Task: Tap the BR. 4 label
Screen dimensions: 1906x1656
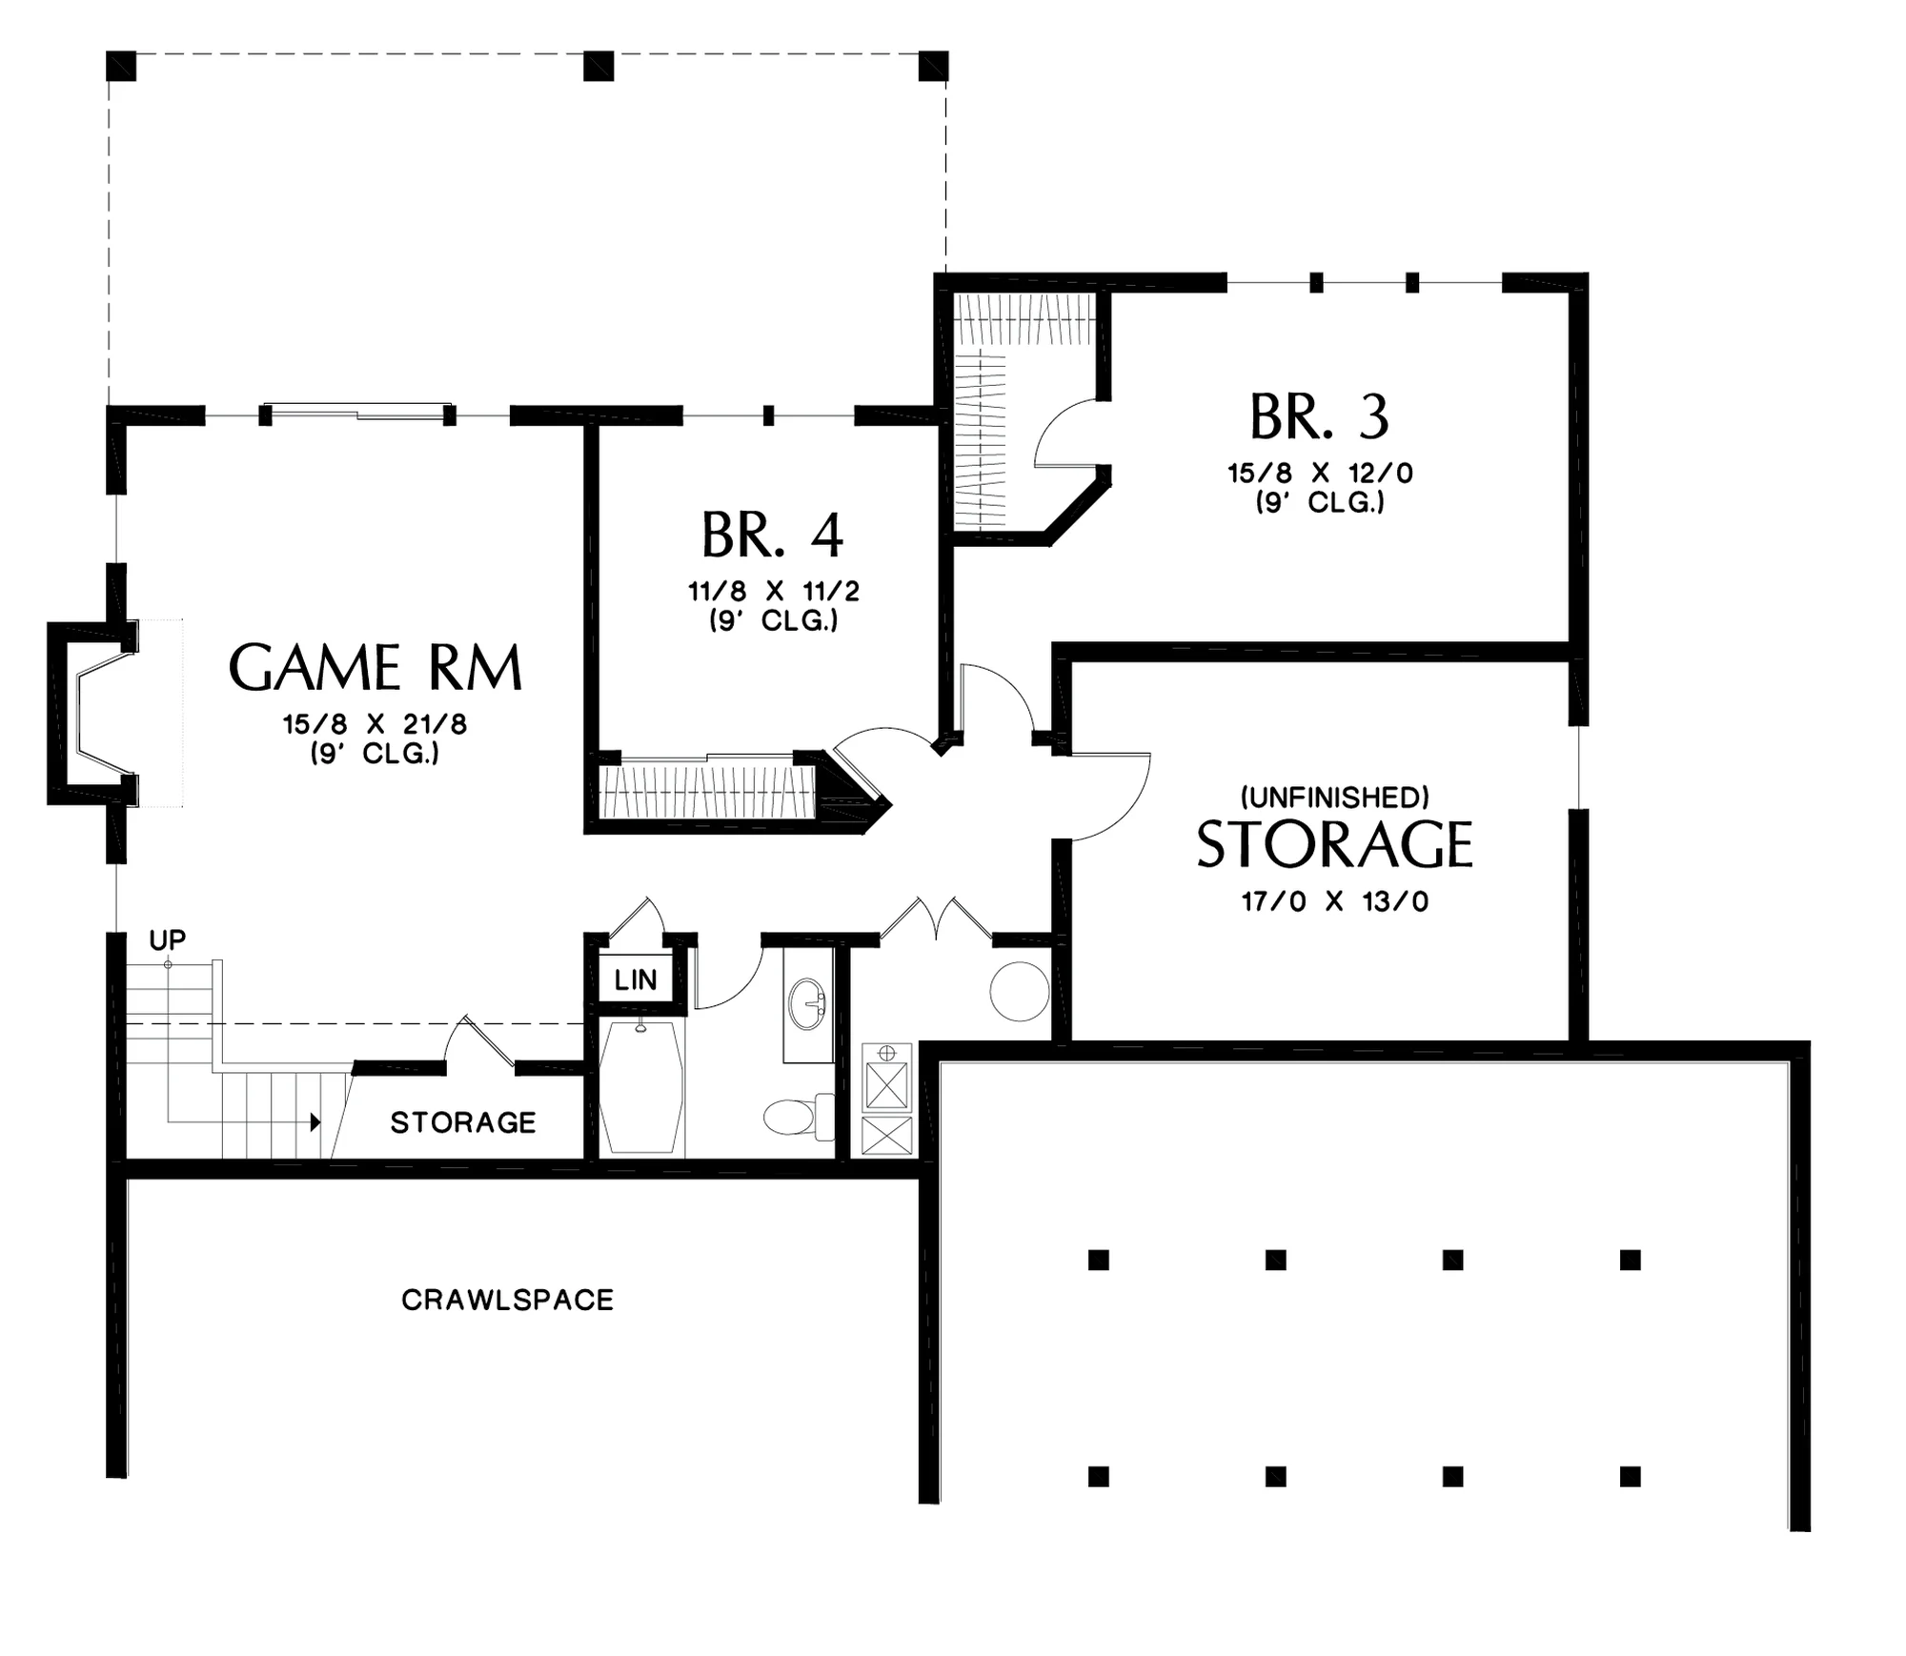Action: coord(773,535)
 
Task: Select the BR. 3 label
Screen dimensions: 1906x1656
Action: coord(1320,417)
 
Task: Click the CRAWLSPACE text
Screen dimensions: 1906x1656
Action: coord(507,1301)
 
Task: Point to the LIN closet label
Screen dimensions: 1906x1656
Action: coord(636,979)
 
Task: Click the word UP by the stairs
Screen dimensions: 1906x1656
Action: coord(168,940)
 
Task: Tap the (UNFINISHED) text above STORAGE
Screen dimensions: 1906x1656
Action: coord(1334,797)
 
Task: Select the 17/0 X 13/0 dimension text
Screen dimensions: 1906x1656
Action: coord(1335,901)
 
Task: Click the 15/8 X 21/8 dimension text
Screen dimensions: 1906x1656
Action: coord(375,724)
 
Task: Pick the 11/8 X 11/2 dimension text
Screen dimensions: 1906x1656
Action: coord(774,592)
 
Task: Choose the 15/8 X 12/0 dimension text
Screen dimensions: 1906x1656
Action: coord(1320,474)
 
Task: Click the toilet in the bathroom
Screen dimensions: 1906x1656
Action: coord(799,1116)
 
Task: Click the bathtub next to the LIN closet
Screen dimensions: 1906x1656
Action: coord(641,1087)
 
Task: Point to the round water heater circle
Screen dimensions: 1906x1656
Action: coord(1020,992)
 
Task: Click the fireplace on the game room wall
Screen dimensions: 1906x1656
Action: coord(92,714)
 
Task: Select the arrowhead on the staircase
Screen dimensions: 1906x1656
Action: coord(314,1122)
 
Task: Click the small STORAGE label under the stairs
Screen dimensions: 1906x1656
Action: coord(463,1123)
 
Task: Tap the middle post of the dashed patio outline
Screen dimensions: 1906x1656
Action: coord(598,67)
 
